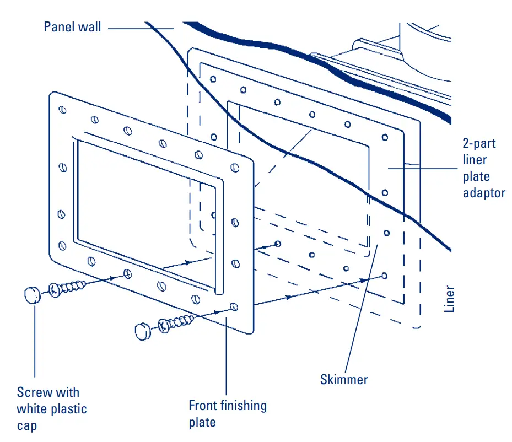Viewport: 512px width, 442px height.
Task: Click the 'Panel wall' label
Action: point(72,26)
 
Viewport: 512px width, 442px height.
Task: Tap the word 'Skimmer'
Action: point(343,379)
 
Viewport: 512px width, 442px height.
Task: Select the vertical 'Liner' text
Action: point(450,299)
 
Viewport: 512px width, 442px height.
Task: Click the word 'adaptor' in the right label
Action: point(484,193)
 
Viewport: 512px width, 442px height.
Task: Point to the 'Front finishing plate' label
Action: point(228,414)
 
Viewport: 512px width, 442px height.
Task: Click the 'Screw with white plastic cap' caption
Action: point(51,409)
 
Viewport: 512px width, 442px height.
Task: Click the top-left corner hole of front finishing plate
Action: point(62,110)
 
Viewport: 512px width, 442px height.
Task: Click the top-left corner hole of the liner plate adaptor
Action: point(213,79)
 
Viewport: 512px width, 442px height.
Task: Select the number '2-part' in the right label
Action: point(479,144)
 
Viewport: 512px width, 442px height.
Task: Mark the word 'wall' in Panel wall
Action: point(89,26)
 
